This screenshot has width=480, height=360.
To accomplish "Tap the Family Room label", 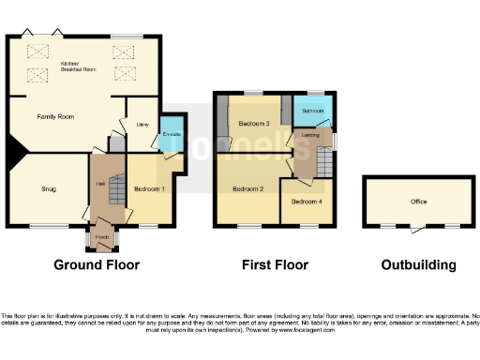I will (55, 116).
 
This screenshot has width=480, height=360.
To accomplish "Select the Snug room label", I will (49, 189).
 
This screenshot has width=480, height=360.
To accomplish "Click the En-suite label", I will (172, 135).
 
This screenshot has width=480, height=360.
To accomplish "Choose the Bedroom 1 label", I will (149, 189).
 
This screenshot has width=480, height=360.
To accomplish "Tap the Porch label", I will (101, 237).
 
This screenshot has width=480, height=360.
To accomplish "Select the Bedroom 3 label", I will (254, 124).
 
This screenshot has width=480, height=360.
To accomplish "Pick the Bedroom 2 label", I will (248, 189).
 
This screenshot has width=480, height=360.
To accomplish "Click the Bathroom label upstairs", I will (313, 112).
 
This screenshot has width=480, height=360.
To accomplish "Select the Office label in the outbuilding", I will (418, 202).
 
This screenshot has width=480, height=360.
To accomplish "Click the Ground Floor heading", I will (97, 265).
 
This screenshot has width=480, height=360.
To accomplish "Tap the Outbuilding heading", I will (418, 265).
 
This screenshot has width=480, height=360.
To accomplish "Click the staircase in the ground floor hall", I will (114, 193).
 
